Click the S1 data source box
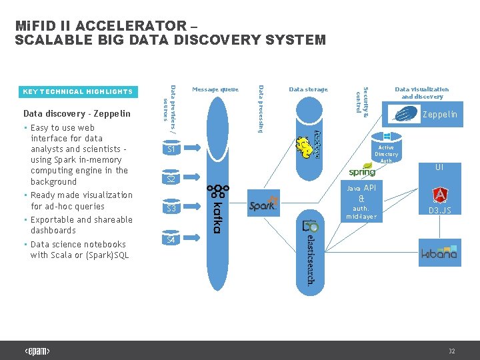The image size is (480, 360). (171, 149)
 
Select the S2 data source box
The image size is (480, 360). (171, 179)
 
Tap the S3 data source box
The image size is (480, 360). (171, 209)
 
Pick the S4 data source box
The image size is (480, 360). (171, 239)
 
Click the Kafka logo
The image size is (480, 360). (215, 209)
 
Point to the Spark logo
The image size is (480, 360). (263, 205)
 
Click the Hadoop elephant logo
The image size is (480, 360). (311, 145)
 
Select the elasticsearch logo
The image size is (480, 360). (310, 249)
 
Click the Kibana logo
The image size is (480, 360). (439, 253)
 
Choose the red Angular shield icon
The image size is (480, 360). (440, 195)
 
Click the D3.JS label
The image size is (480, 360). (440, 211)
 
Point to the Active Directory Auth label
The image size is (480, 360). (386, 154)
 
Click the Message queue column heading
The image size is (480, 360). (215, 89)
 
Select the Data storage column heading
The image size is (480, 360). (309, 89)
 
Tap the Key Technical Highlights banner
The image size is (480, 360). (78, 91)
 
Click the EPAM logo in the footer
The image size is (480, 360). (37, 351)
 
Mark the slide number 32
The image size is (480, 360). (451, 351)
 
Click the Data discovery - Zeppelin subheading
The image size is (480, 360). (77, 113)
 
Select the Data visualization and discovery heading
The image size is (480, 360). (422, 93)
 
